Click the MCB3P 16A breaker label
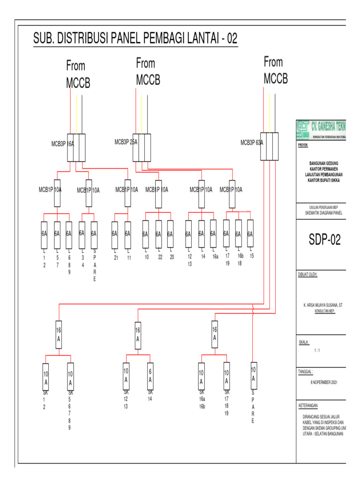[x=63, y=144]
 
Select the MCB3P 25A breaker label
[x=126, y=142]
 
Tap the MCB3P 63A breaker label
[x=252, y=142]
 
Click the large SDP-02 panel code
[x=324, y=240]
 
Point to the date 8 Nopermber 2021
[x=324, y=382]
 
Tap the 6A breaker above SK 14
[x=150, y=375]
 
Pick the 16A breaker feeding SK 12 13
[x=138, y=335]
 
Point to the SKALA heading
[x=304, y=342]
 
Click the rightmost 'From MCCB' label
[x=276, y=70]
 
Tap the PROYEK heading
[x=303, y=145]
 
